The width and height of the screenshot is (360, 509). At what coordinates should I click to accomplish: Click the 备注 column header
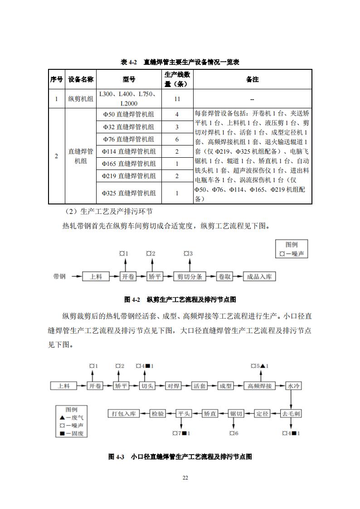tap(252, 79)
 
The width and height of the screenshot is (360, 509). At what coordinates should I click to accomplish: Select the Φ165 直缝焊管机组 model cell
tap(129, 164)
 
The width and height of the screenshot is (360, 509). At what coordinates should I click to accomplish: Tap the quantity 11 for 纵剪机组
tap(177, 99)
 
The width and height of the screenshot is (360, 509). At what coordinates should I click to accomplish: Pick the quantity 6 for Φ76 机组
tap(177, 139)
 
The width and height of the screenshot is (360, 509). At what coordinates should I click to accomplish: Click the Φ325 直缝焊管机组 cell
tap(129, 193)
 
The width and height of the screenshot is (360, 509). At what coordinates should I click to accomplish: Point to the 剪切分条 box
tap(190, 276)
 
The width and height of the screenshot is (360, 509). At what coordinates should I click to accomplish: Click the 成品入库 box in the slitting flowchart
tap(259, 276)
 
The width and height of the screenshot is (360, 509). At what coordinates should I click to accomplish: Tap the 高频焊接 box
tap(260, 386)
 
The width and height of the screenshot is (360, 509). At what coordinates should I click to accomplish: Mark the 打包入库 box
tap(123, 414)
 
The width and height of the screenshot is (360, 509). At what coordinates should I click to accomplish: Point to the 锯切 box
tap(237, 414)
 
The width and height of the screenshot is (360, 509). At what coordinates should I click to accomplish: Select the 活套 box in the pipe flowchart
tap(200, 386)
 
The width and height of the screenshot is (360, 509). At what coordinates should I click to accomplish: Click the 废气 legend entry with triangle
tap(71, 417)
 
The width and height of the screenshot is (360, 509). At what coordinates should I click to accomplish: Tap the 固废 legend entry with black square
tap(71, 434)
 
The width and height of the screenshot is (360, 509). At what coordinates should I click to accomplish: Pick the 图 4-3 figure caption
tap(180, 457)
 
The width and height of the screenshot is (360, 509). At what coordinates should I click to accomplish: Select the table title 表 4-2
tap(180, 62)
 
